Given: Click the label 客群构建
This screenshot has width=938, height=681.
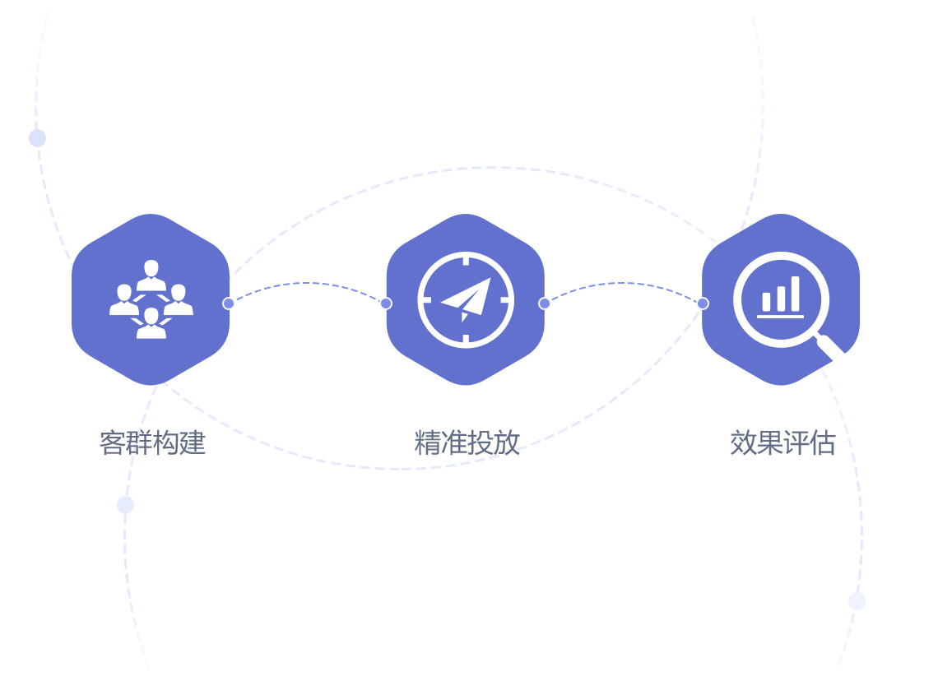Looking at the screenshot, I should (152, 442).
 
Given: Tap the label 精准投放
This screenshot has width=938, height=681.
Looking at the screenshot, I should (467, 442).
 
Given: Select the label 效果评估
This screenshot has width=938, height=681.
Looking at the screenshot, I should (782, 442).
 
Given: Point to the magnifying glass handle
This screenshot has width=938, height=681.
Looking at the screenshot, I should (830, 345).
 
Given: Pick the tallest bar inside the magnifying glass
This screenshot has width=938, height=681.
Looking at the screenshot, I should (795, 294).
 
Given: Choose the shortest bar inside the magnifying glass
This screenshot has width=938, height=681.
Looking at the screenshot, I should (767, 302).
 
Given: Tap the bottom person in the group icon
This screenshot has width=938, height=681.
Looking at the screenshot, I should (151, 323).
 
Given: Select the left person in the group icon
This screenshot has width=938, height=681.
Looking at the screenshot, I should (124, 300).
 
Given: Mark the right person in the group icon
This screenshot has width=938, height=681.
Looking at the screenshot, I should (179, 300).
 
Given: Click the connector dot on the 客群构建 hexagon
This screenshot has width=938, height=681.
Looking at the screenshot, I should (229, 303).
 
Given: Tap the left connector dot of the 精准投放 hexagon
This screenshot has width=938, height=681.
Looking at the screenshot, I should (386, 303).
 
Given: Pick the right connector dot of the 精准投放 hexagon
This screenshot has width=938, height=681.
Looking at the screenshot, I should (545, 303).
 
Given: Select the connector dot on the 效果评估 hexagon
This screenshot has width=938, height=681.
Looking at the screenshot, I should (703, 303).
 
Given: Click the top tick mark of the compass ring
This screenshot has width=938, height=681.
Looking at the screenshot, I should (466, 260).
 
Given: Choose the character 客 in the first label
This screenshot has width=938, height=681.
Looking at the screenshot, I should (112, 442).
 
